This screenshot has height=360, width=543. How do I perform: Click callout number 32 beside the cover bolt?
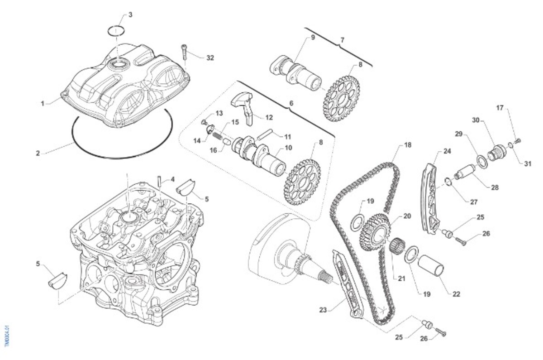click(210, 58)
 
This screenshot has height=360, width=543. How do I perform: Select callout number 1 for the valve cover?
click(43, 104)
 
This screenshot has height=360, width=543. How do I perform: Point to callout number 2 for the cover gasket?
click(38, 153)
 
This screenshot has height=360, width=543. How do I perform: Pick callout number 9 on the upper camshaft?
click(312, 38)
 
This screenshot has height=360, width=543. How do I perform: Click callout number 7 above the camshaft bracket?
click(342, 40)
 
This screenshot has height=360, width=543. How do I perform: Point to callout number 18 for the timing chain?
click(408, 145)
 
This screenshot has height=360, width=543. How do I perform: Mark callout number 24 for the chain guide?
click(447, 151)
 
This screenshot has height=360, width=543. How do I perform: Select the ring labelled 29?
click(483, 162)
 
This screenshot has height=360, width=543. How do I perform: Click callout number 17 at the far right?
click(500, 108)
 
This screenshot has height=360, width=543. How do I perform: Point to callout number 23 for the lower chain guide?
click(323, 310)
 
